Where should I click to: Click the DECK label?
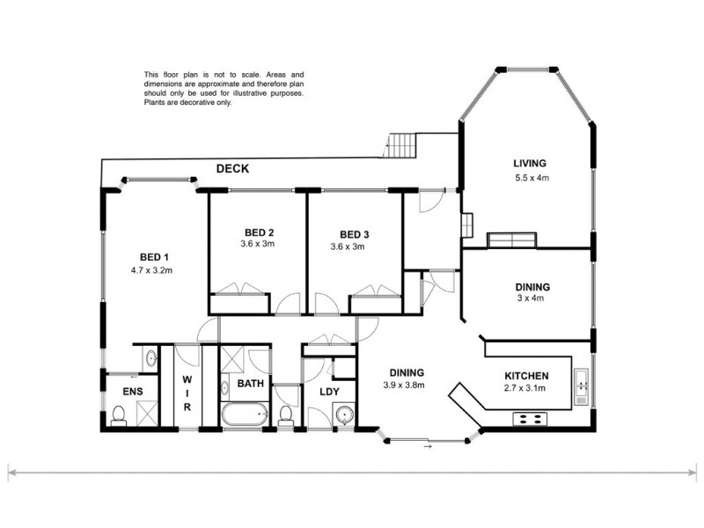point(233,169)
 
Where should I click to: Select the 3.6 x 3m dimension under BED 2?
point(259,245)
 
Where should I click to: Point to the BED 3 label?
point(356,233)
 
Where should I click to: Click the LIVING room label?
point(531,163)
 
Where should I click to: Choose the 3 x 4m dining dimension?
point(532,299)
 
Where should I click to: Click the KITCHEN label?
point(527,374)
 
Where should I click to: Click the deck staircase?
point(400,144)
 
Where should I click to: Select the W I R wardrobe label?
point(187,393)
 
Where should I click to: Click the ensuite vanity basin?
point(150,357)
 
